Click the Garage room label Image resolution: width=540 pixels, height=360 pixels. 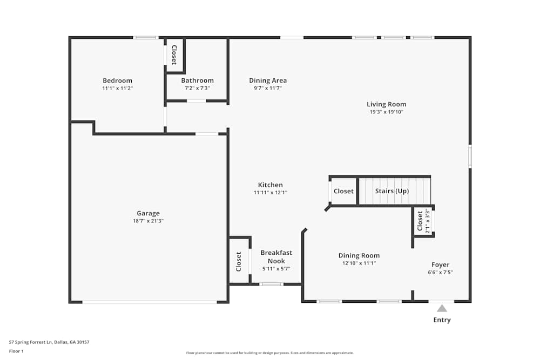click(x=148, y=213)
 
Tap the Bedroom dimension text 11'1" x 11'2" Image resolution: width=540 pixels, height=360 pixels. click(x=117, y=88)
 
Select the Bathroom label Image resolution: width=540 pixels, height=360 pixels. click(x=197, y=80)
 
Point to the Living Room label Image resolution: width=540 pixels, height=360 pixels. click(x=386, y=104)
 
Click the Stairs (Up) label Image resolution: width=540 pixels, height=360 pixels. click(x=392, y=191)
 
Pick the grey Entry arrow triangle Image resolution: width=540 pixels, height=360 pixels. click(x=442, y=308)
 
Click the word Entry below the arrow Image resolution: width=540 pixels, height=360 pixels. click(x=442, y=320)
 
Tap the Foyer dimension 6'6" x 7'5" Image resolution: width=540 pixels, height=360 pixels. click(x=440, y=273)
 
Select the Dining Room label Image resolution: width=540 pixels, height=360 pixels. click(x=359, y=255)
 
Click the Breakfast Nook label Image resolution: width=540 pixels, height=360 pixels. click(x=276, y=257)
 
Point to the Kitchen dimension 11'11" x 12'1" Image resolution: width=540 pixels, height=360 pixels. click(x=270, y=193)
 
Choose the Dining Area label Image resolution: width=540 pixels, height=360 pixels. click(x=268, y=80)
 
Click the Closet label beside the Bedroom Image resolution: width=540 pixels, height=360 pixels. click(x=174, y=55)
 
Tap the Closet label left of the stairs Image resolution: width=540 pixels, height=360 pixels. click(x=343, y=191)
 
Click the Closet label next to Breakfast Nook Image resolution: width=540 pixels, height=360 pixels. click(x=239, y=262)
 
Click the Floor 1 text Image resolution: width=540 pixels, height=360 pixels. click(x=16, y=351)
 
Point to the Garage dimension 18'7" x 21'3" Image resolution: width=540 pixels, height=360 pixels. click(x=148, y=221)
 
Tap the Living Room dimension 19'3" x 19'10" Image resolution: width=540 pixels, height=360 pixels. click(x=386, y=112)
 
